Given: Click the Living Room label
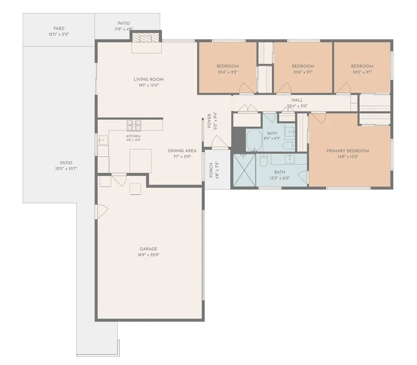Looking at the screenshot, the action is (x=148, y=79).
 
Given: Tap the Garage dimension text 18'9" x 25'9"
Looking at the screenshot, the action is (x=148, y=255).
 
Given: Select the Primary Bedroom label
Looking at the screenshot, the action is (x=347, y=151).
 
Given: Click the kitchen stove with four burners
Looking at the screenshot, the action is (x=134, y=125).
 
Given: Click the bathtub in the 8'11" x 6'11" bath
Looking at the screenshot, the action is (x=254, y=140).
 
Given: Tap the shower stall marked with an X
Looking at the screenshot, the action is (x=244, y=170).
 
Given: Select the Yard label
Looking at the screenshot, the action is (x=59, y=29).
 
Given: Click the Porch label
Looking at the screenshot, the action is (x=211, y=170).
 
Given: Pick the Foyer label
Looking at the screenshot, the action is (x=209, y=121).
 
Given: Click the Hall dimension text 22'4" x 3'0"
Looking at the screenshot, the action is (x=297, y=106).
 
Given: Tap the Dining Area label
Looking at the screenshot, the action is (x=182, y=151).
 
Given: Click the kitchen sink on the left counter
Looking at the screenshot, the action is (x=103, y=140).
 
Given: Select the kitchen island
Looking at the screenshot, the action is (x=140, y=161).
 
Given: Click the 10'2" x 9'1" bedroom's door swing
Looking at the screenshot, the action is (x=344, y=88).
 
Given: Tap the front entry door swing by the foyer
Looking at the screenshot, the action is (x=220, y=141).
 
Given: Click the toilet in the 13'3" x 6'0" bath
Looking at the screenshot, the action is (x=263, y=160).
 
